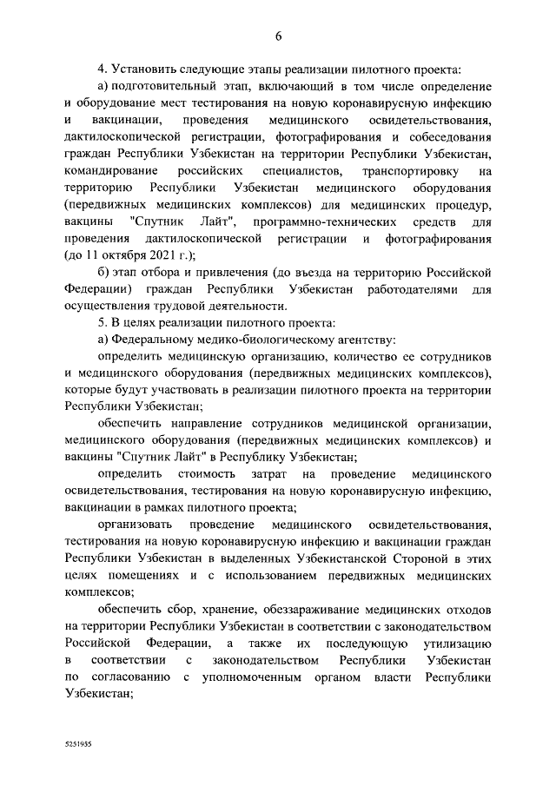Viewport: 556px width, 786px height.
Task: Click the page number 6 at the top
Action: click(278, 36)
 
